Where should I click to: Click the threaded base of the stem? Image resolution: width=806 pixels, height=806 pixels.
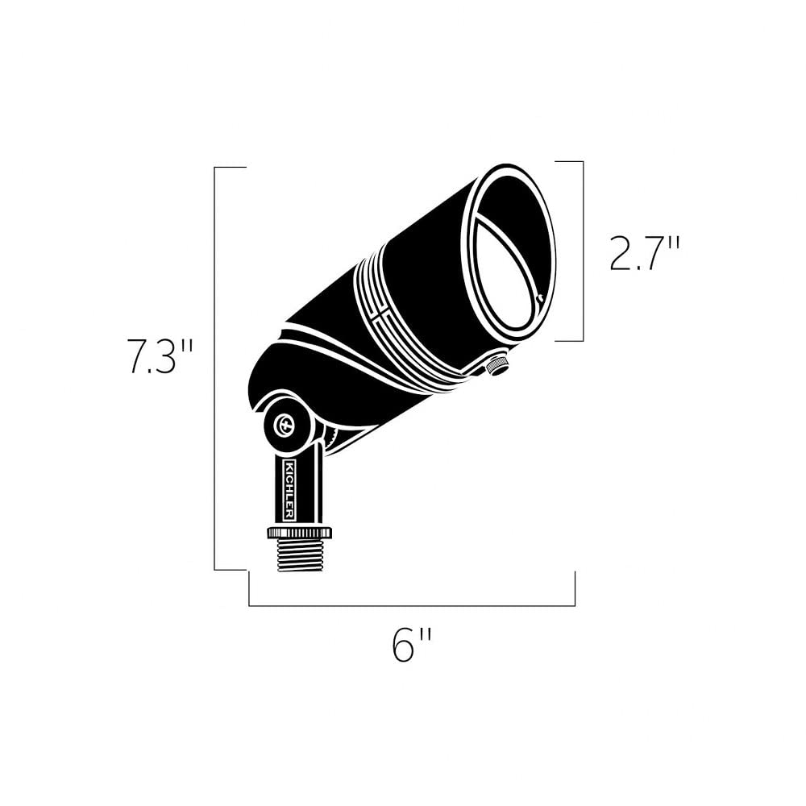(x=299, y=555)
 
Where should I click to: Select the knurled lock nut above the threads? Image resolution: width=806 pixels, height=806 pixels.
(x=299, y=533)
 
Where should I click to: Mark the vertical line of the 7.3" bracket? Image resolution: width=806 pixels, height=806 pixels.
(x=214, y=368)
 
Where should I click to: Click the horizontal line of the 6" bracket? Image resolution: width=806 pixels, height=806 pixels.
(x=412, y=605)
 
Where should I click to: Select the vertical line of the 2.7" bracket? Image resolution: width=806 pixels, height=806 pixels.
(x=583, y=251)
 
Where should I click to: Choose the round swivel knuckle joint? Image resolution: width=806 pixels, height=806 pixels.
(x=287, y=422)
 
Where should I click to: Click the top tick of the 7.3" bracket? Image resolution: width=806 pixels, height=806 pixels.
(x=230, y=167)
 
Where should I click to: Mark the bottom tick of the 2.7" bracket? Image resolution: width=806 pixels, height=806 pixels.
(x=569, y=341)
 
